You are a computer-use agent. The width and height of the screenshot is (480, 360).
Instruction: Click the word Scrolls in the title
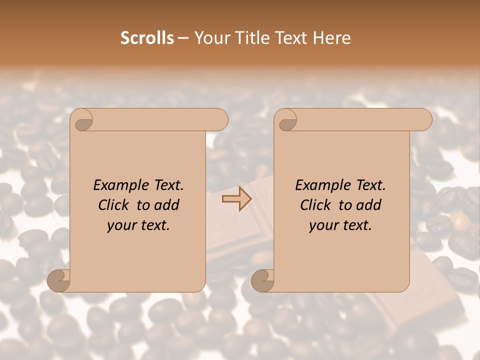tap(147, 38)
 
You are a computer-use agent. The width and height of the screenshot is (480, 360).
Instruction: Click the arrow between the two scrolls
tap(237, 198)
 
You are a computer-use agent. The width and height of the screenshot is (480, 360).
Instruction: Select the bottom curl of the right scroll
tap(263, 280)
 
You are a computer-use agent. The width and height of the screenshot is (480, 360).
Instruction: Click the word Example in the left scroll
tap(117, 185)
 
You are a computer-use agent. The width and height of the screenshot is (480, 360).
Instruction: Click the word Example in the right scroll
tap(319, 185)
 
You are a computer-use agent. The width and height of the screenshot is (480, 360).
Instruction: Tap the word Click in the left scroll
tap(114, 205)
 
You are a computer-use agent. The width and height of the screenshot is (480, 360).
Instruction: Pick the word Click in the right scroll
tap(316, 205)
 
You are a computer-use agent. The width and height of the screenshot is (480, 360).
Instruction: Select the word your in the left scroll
tap(121, 225)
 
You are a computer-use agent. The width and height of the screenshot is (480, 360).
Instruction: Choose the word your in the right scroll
tap(323, 225)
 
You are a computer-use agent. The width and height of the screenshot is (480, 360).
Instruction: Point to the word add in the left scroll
tap(167, 205)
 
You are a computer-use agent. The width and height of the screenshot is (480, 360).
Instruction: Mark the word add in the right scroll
tap(369, 205)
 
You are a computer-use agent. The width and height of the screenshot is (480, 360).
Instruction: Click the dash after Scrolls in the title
tap(183, 38)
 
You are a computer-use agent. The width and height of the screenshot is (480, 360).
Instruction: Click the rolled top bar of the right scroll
tap(360, 120)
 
